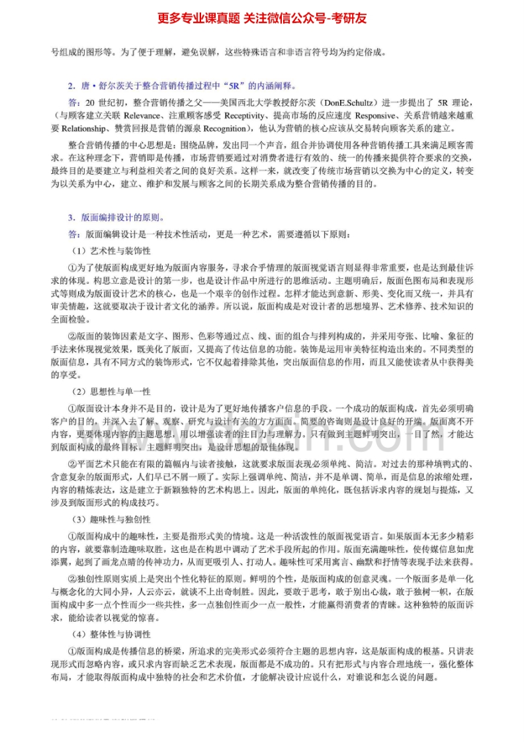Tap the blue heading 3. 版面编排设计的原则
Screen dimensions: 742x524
[116, 217]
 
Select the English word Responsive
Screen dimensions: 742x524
[345, 114]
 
